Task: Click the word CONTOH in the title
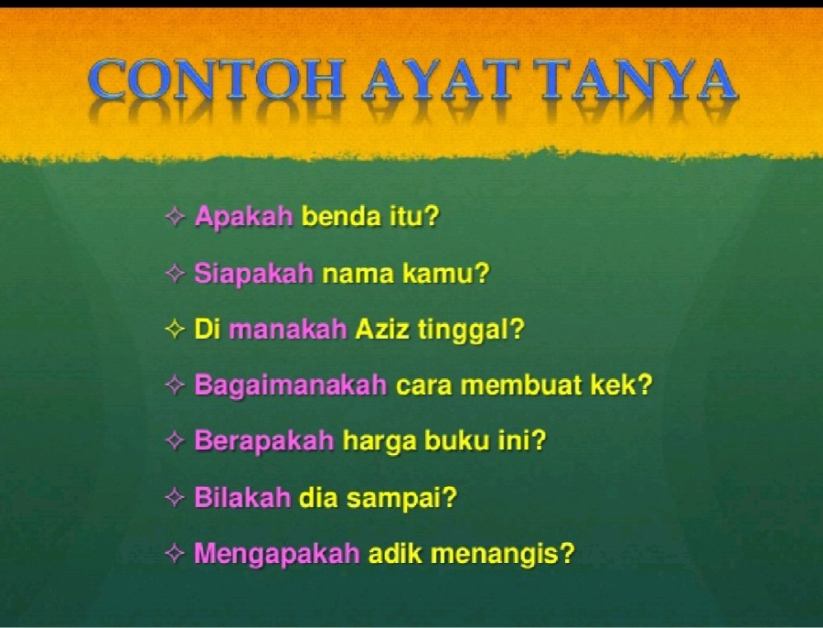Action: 217,80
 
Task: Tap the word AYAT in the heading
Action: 442,80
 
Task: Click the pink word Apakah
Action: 244,217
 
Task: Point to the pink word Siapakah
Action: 254,274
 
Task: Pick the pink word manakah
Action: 288,330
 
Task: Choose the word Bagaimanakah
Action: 291,386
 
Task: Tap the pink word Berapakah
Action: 264,441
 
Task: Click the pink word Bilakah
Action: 242,497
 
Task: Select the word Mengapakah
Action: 277,554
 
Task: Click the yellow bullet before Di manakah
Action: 175,329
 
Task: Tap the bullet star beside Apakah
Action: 175,216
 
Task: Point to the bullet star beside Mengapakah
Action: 175,552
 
